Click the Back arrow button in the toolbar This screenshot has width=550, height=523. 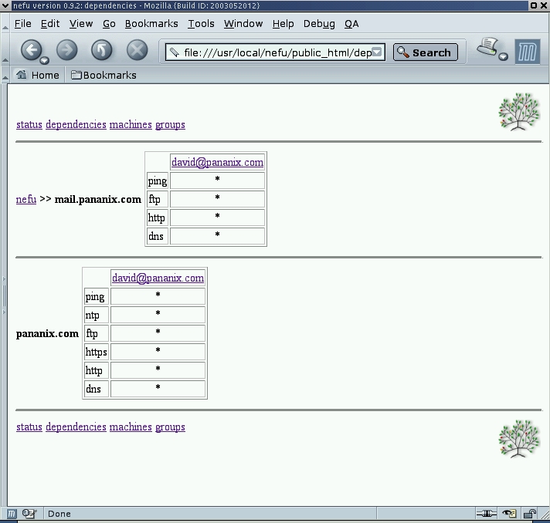[x=32, y=50]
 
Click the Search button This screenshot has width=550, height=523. [x=425, y=52]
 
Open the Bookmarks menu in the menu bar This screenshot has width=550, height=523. [x=151, y=23]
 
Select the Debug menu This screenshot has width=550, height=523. [x=319, y=24]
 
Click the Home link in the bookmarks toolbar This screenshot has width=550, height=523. [x=38, y=75]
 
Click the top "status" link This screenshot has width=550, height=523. [x=29, y=124]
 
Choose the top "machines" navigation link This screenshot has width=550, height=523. [x=131, y=124]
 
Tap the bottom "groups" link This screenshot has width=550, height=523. [x=170, y=427]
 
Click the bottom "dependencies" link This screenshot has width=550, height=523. [x=76, y=427]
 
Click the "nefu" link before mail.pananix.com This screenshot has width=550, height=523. [x=26, y=199]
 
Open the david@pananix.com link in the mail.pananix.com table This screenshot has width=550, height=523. [x=217, y=162]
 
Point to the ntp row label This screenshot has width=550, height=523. [x=92, y=315]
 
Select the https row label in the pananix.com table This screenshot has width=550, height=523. [x=96, y=352]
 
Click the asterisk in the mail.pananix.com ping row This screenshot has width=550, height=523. [x=217, y=179]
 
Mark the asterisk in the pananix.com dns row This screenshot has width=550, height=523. [x=158, y=387]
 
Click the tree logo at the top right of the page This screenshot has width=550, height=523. [x=519, y=112]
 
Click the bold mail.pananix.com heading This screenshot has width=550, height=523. [x=98, y=199]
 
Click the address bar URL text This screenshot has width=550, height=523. [x=277, y=52]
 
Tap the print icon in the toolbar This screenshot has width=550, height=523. [x=487, y=47]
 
